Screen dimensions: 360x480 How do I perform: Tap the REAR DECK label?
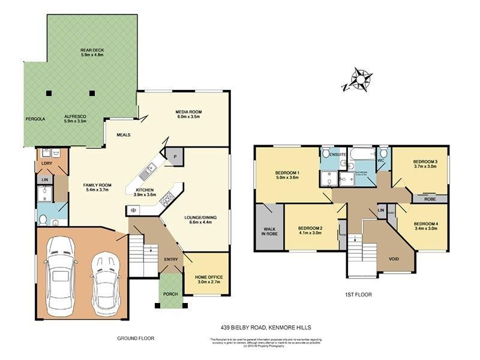coord(92,51)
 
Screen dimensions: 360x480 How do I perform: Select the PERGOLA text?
coord(35,119)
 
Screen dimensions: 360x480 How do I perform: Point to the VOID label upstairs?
coord(393,259)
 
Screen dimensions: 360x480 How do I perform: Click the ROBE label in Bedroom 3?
coord(430,199)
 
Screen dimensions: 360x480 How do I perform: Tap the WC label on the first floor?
coord(380,160)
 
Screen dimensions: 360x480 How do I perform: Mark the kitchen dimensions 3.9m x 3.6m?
coord(141,194)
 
